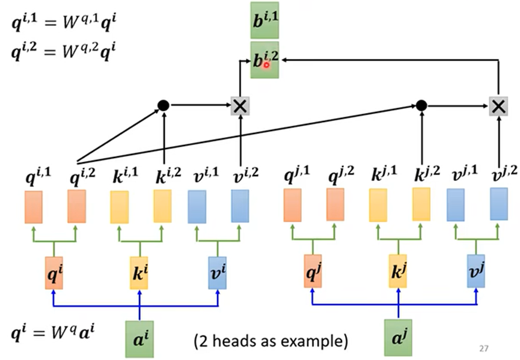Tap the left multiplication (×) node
click(240, 106)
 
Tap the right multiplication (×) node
click(497, 106)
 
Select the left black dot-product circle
click(162, 106)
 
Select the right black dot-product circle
click(421, 106)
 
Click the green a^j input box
click(397, 336)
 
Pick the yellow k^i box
click(139, 272)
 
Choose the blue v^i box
click(217, 272)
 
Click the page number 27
click(484, 348)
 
